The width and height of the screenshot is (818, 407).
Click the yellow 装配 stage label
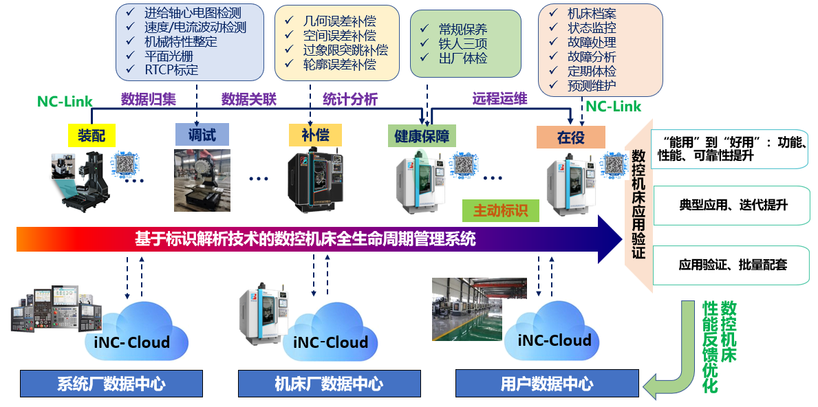91,136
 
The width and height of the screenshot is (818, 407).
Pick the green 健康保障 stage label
422,135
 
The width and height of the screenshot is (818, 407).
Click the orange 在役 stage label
571,137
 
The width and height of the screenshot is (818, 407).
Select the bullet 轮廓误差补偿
339,65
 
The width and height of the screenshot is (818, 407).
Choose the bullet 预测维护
592,86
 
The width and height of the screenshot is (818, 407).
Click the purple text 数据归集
149,99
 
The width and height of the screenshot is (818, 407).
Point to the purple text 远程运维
500,99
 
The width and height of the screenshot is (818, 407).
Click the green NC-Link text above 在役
612,107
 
